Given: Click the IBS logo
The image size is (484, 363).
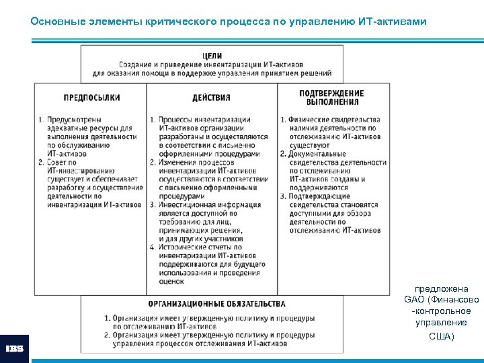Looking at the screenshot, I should [14, 348].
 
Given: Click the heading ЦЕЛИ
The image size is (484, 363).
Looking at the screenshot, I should [212, 55].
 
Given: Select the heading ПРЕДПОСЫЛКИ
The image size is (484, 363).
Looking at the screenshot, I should [92, 97].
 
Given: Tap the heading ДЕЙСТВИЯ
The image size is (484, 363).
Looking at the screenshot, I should [211, 97].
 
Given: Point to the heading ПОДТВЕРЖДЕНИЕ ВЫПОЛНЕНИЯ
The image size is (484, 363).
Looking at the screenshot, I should [331, 97].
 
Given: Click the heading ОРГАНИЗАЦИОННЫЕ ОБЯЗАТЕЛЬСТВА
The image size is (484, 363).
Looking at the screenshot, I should [216, 304].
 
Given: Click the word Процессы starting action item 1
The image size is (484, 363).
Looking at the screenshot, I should [177, 120].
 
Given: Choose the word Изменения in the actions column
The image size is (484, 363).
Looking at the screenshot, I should [179, 162].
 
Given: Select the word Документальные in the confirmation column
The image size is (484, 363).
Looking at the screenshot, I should [318, 154].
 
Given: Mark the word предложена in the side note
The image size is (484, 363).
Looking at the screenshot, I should [441, 288].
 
